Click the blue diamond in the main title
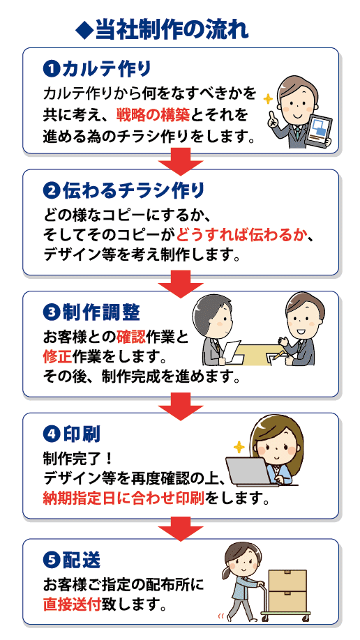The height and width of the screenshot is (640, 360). [x=85, y=31]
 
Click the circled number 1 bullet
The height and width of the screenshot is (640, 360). [x=51, y=68]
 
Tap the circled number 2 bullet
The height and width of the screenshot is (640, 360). [x=51, y=190]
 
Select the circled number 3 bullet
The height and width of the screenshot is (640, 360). [x=51, y=313]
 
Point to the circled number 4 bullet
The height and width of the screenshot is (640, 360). [x=51, y=435]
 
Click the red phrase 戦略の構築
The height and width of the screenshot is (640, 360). [x=152, y=115]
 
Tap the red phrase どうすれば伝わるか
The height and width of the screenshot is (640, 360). [x=242, y=236]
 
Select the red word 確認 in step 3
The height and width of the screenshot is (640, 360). [x=131, y=338]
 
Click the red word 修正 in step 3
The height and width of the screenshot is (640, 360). [x=58, y=357]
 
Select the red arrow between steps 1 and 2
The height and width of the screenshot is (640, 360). [x=180, y=159]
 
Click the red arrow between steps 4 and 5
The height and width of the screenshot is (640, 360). [x=180, y=529]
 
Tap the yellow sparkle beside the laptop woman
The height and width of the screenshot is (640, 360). [x=239, y=447]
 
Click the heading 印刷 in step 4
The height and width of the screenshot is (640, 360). [x=82, y=435]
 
